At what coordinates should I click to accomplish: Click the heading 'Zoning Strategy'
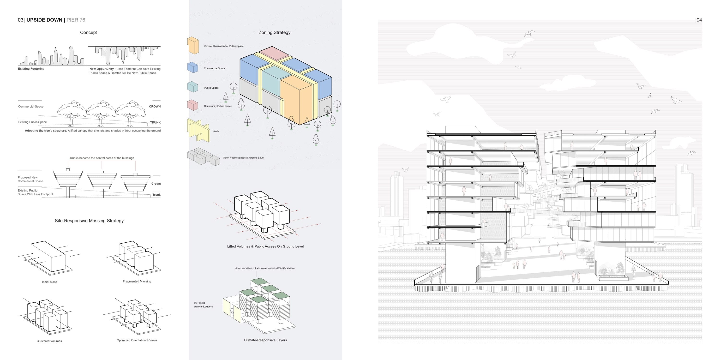275,32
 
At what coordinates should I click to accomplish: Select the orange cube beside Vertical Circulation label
193,45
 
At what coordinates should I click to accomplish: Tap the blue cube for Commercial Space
192,68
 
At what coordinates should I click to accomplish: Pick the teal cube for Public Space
192,87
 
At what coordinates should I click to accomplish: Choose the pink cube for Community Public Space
192,105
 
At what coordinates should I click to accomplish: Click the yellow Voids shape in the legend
198,130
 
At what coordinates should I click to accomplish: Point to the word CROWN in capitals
155,107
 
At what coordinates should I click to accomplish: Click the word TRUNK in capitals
156,122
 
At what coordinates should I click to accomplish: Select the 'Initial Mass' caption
49,282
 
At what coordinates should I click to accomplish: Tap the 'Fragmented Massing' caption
137,282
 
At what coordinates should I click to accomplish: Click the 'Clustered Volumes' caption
49,341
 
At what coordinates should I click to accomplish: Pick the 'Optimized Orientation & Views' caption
137,340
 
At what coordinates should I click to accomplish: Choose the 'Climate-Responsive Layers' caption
265,340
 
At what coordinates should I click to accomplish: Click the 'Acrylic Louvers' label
204,307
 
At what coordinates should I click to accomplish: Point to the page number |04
698,20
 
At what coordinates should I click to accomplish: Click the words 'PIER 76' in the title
76,20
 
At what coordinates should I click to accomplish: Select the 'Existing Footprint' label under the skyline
31,69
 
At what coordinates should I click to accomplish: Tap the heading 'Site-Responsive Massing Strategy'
89,221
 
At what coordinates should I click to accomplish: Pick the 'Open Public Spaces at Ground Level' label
243,158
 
